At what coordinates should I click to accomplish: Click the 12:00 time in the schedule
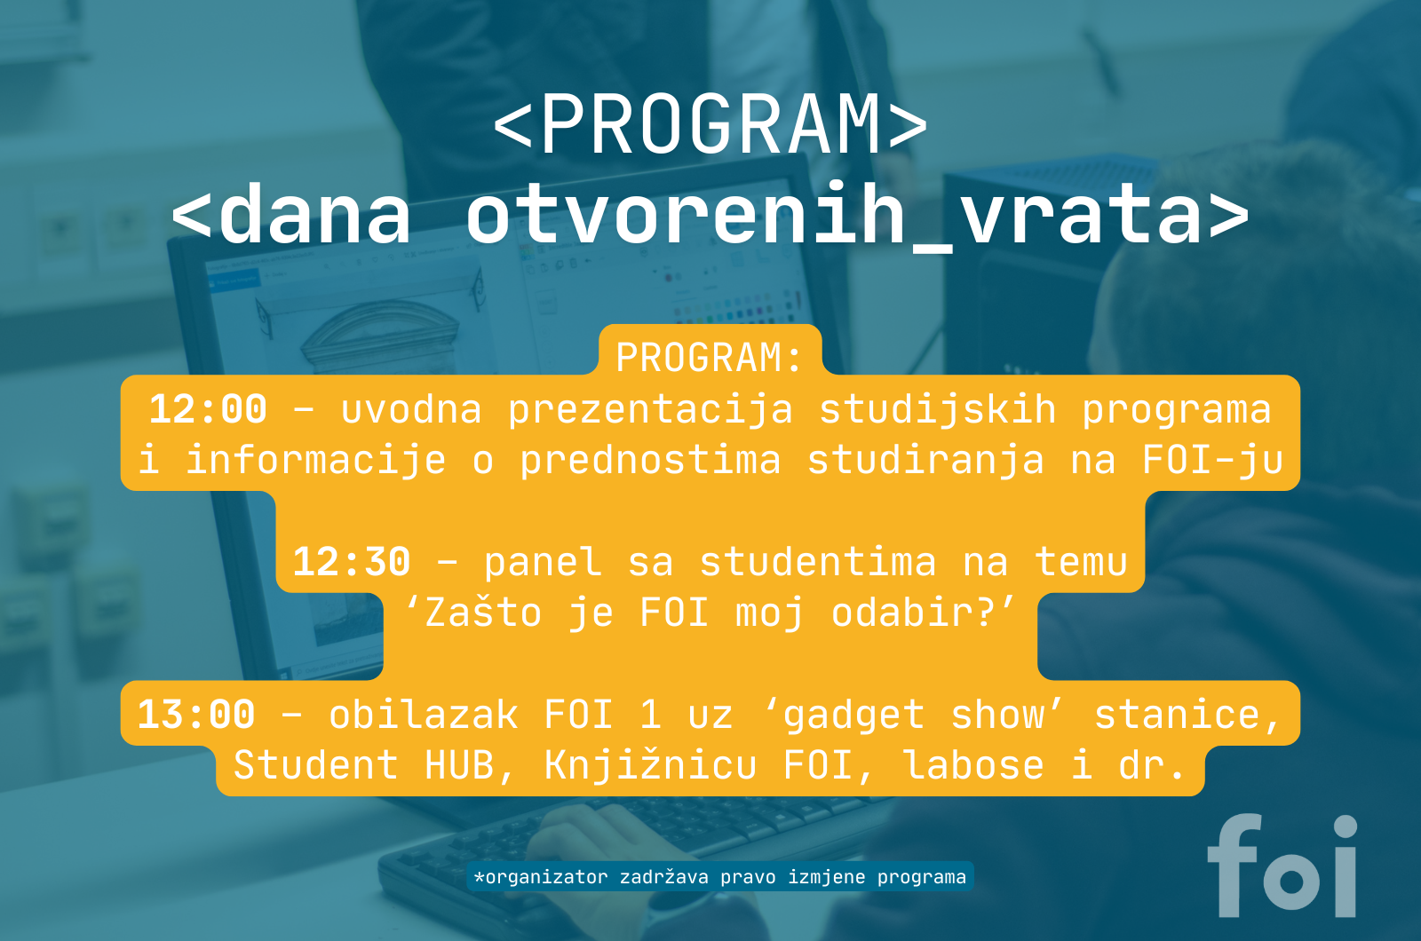208,409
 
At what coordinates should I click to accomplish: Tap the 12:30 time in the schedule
352,562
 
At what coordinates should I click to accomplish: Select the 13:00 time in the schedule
196,715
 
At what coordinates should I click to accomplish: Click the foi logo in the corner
1282,865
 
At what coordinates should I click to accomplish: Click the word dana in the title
314,214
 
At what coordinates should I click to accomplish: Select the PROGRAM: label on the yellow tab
710,358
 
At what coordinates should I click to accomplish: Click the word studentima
818,562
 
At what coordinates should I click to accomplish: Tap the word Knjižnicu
651,765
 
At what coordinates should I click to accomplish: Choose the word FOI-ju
1213,462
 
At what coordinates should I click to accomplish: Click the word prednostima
651,462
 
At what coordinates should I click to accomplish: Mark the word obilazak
423,715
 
